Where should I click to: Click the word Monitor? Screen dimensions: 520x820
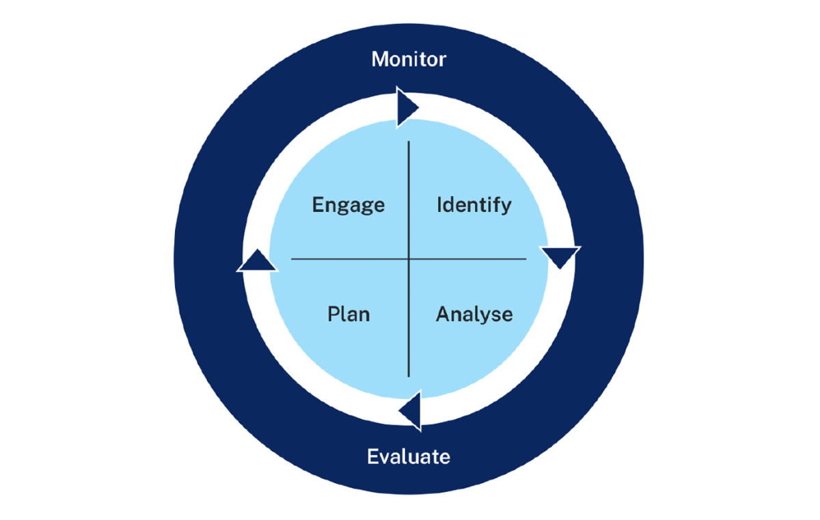pyautogui.click(x=409, y=59)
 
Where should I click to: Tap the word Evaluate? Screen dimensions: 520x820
pyautogui.click(x=409, y=456)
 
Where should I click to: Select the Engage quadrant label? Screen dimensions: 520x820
pyautogui.click(x=348, y=205)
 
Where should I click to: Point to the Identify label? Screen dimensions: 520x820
pyautogui.click(x=474, y=205)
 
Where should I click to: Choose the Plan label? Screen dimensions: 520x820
pyautogui.click(x=348, y=314)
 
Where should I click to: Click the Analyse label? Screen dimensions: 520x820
pyautogui.click(x=474, y=314)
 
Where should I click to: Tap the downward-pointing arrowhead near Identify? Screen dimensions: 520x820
pyautogui.click(x=561, y=256)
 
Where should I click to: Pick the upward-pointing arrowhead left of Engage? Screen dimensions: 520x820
pyautogui.click(x=256, y=262)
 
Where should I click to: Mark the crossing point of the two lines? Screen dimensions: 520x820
pyautogui.click(x=409, y=259)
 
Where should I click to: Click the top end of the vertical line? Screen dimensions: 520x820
pyautogui.click(x=409, y=142)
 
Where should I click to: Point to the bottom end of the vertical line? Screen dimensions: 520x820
pyautogui.click(x=409, y=376)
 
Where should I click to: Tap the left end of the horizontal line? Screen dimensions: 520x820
pyautogui.click(x=292, y=259)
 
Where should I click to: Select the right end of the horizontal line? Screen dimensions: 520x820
pyautogui.click(x=525, y=259)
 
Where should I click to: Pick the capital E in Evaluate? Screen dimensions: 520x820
pyautogui.click(x=372, y=456)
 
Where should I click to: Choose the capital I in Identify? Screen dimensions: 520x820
pyautogui.click(x=439, y=205)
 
